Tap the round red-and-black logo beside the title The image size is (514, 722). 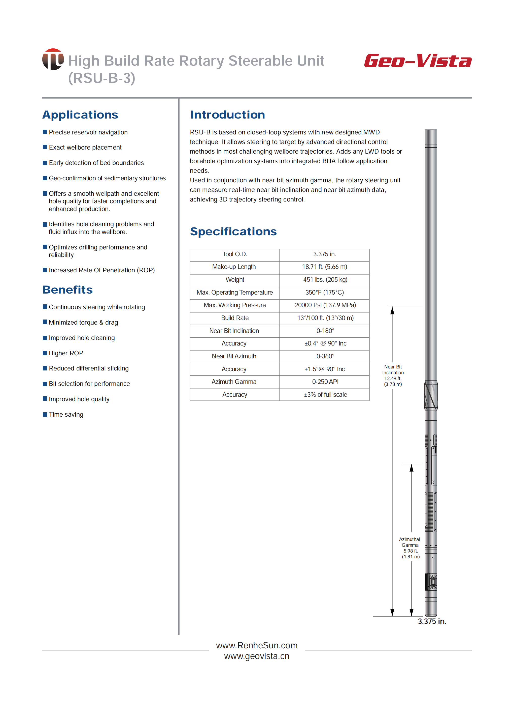[x=53, y=59]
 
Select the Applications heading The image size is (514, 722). [x=80, y=115]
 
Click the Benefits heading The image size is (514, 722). [x=67, y=290]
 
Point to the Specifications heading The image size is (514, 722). [x=233, y=232]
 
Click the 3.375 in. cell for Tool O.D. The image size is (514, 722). [x=324, y=254]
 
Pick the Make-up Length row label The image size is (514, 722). [x=234, y=267]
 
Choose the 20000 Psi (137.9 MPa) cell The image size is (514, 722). [x=325, y=305]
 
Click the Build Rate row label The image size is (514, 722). [x=235, y=318]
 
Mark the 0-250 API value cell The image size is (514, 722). [x=325, y=382]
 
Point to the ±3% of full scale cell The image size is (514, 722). [x=325, y=395]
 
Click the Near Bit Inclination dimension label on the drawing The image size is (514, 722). [x=393, y=375]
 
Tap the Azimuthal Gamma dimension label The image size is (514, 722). [x=410, y=548]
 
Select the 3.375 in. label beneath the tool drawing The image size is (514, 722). [x=432, y=622]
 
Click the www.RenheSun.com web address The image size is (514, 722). [x=257, y=645]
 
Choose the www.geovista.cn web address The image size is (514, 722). [x=257, y=656]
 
